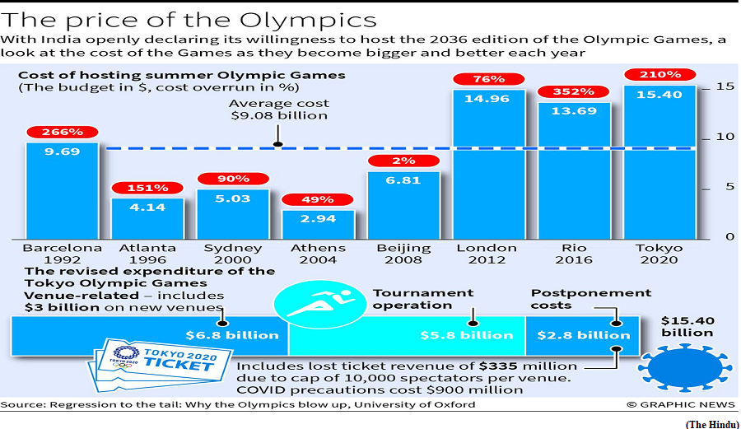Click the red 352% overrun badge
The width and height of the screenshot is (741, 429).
pyautogui.click(x=573, y=91)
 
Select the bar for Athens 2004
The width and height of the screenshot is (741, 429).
pyautogui.click(x=318, y=225)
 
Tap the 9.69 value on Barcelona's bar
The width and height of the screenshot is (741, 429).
pyautogui.click(x=62, y=152)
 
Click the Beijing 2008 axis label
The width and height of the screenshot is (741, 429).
pyautogui.click(x=403, y=254)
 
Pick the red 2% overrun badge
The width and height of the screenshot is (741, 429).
pyautogui.click(x=403, y=161)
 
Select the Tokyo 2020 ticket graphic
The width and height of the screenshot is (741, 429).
pyautogui.click(x=161, y=364)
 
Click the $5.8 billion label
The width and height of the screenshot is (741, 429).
pyautogui.click(x=467, y=335)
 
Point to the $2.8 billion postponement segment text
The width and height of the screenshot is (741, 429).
pyautogui.click(x=584, y=335)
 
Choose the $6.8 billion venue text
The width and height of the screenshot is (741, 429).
pyautogui.click(x=232, y=335)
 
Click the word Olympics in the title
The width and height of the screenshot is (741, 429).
pyautogui.click(x=308, y=21)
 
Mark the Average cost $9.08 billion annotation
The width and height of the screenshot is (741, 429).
pyautogui.click(x=279, y=110)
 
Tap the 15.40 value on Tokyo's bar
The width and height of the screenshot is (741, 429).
pyautogui.click(x=659, y=95)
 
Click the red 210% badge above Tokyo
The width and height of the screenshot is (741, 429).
pyautogui.click(x=659, y=75)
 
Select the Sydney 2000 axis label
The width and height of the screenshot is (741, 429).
pyautogui.click(x=232, y=254)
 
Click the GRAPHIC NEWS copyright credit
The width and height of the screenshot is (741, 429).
pyautogui.click(x=681, y=404)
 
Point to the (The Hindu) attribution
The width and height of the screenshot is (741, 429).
pyautogui.click(x=711, y=424)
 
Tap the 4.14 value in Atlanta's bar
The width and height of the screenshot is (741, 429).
pyautogui.click(x=147, y=208)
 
